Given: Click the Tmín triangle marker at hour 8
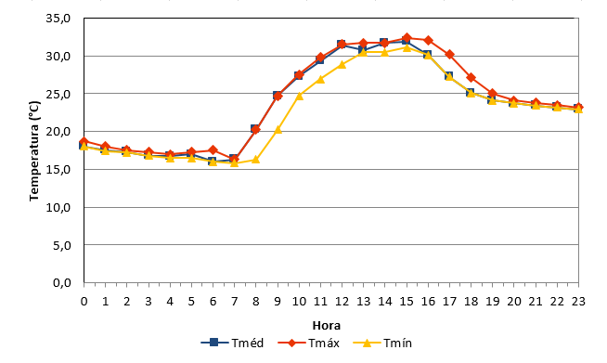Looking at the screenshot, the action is pyautogui.click(x=255, y=160).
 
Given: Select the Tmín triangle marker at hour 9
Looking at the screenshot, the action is pyautogui.click(x=278, y=129).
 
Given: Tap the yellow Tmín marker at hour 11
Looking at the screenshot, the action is pyautogui.click(x=320, y=79).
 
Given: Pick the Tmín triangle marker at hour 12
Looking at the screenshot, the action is pyautogui.click(x=342, y=64).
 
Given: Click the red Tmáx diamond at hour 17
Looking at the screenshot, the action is pyautogui.click(x=449, y=54).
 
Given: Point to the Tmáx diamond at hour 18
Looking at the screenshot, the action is pyautogui.click(x=471, y=77).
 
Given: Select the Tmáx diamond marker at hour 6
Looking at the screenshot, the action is pyautogui.click(x=213, y=149).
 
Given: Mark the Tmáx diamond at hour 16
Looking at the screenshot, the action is pyautogui.click(x=428, y=40).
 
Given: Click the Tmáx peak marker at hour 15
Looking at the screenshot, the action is pyautogui.click(x=407, y=37).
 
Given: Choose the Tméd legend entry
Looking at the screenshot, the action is pyautogui.click(x=232, y=343).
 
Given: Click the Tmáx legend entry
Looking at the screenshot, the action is pyautogui.click(x=308, y=343).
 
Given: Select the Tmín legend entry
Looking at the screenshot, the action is pyautogui.click(x=382, y=343).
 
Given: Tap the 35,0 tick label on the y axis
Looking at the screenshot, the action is pyautogui.click(x=58, y=19).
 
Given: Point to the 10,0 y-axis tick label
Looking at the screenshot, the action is pyautogui.click(x=58, y=207).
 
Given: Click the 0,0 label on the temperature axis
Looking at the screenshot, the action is pyautogui.click(x=62, y=283).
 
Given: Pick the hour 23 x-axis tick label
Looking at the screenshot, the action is pyautogui.click(x=578, y=301).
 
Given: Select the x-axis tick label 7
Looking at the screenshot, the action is pyautogui.click(x=234, y=301).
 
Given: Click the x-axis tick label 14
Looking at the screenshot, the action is pyautogui.click(x=385, y=301).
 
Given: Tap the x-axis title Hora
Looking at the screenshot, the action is pyautogui.click(x=327, y=326).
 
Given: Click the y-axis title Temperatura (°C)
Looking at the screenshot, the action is pyautogui.click(x=34, y=150).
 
